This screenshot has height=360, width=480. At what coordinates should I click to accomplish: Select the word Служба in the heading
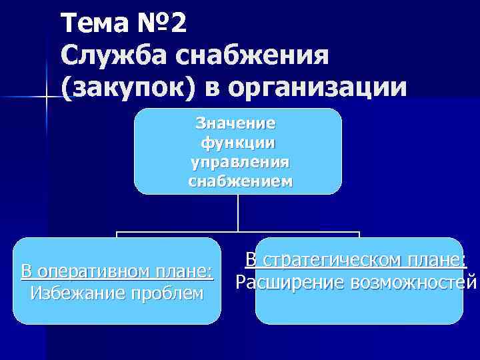[105, 57]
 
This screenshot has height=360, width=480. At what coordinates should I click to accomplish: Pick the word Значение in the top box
[235, 123]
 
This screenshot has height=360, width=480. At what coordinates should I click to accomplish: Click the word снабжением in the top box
[240, 181]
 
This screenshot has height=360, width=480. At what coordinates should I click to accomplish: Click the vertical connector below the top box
[238, 213]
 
